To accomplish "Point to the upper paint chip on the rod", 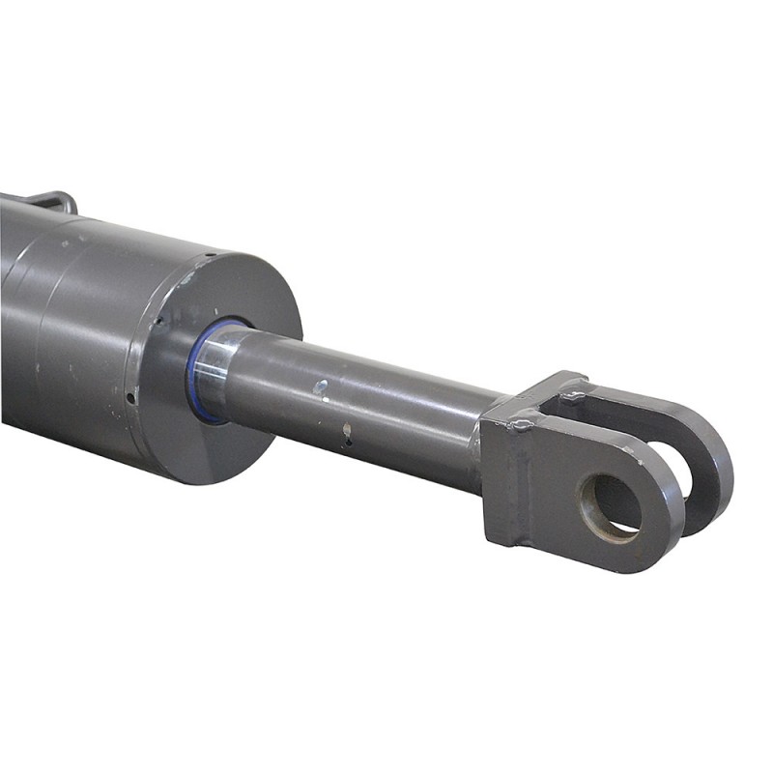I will pyautogui.click(x=321, y=388).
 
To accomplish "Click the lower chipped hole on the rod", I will pyautogui.click(x=346, y=431).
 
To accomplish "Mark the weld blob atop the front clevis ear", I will pyautogui.click(x=522, y=422).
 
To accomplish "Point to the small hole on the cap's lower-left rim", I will pyautogui.click(x=129, y=395).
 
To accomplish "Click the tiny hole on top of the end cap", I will pyautogui.click(x=207, y=256).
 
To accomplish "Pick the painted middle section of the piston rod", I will pyautogui.click(x=386, y=406).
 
